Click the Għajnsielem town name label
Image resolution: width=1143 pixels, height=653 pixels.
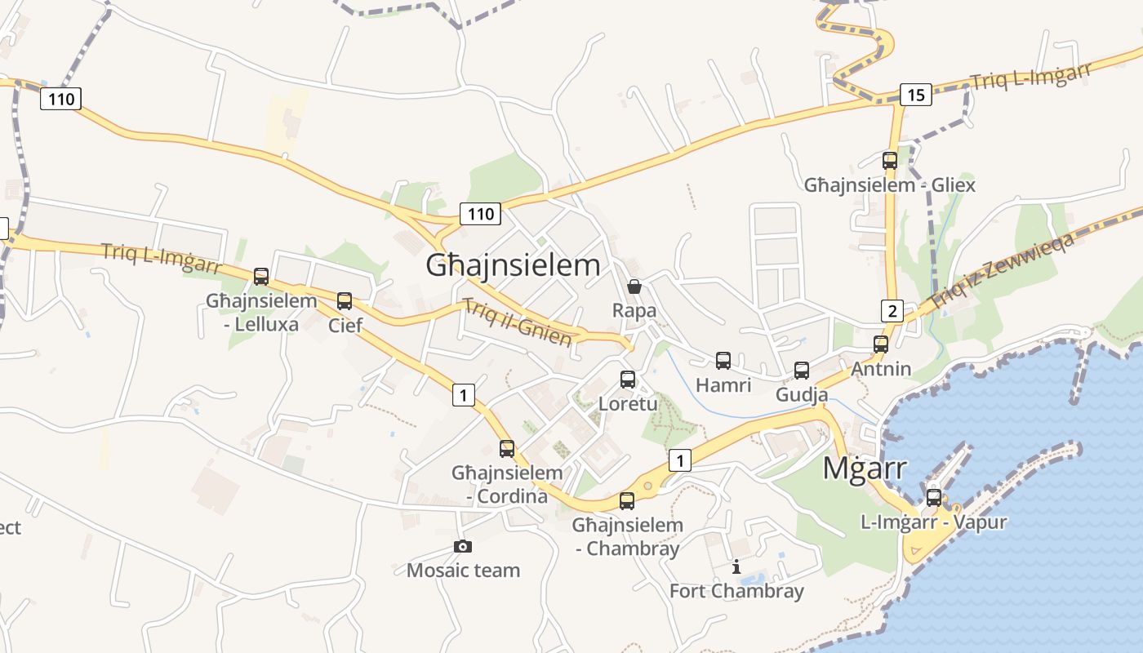pos(513,265)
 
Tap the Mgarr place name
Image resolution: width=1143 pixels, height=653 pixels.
pos(865,469)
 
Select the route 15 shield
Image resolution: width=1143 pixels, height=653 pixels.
pos(915,95)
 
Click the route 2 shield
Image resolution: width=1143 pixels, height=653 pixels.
pos(892,310)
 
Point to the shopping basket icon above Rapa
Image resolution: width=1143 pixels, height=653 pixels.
pos(634,287)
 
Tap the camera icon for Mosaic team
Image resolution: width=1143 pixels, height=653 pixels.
pos(463,546)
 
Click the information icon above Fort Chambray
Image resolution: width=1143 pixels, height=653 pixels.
pos(736,566)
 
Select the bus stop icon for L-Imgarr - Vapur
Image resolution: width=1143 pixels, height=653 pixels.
pos(933,497)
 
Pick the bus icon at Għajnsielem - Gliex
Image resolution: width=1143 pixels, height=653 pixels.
pos(890,160)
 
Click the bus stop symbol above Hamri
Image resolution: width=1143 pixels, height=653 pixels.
pos(723,360)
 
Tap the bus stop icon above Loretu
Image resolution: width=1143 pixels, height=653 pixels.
pos(627,379)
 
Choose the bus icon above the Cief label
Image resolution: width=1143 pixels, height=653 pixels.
pos(345,300)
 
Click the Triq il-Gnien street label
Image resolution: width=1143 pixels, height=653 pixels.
pos(517,322)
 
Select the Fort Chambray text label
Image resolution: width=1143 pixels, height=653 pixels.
pos(736,591)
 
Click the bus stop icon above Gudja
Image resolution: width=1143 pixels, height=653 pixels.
pos(802,371)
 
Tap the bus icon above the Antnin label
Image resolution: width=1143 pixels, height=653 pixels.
pos(880,344)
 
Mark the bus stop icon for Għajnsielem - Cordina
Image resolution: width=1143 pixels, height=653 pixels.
pos(507,448)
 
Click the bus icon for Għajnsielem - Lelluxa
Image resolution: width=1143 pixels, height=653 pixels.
pos(261,276)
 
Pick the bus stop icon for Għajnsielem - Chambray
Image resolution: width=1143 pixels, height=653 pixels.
pos(627,500)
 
